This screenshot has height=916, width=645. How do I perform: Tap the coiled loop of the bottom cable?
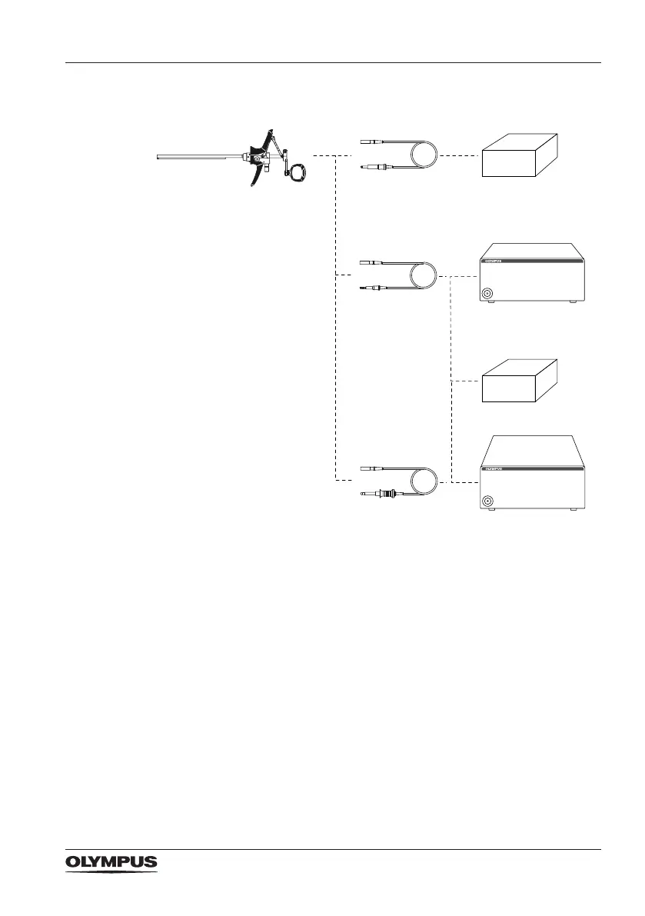pos(424,481)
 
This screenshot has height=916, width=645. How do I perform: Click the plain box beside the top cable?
pos(521,156)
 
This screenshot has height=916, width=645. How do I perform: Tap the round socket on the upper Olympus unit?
pos(487,293)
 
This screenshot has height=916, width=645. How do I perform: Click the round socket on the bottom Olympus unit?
pos(487,501)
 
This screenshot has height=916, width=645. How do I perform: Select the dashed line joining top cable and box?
pos(459,156)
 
